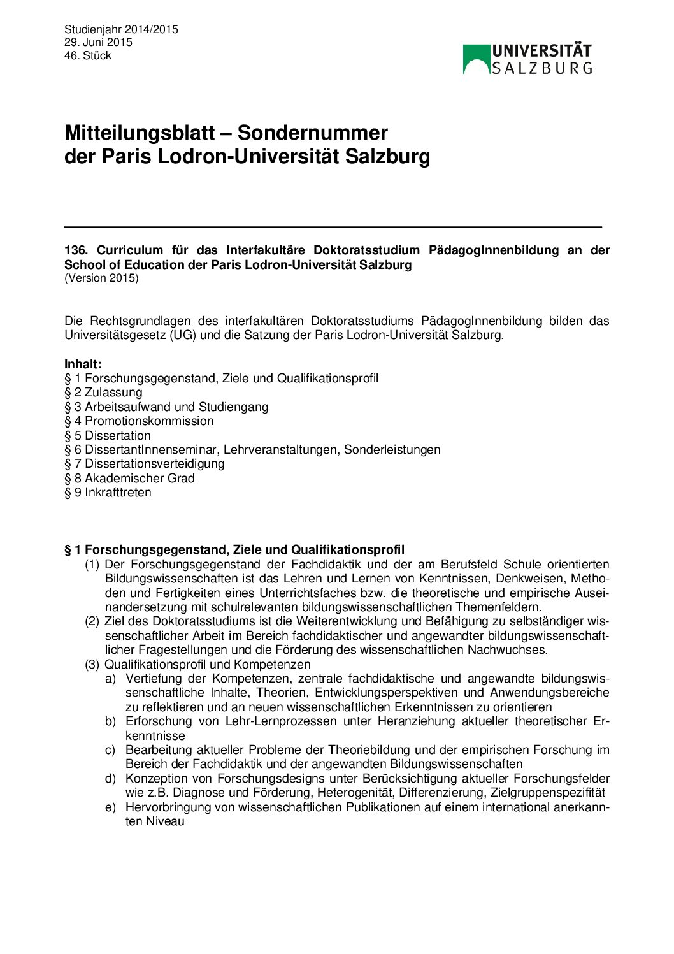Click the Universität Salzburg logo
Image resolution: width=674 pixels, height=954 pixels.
coord(527,59)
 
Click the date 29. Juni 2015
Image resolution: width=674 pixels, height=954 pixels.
coord(98,42)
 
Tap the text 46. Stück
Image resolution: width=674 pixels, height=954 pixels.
coord(88,55)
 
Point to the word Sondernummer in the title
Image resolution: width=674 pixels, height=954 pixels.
coord(312,133)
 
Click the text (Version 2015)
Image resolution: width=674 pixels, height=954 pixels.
coord(101,278)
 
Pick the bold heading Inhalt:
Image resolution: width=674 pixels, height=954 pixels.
coord(83,364)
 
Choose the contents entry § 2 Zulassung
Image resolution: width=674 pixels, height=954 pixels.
coord(103,393)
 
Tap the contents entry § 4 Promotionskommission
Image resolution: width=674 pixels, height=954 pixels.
coord(139,421)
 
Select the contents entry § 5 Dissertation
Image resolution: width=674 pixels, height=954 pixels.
coord(108,435)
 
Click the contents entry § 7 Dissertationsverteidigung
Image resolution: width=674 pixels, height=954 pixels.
coord(145,463)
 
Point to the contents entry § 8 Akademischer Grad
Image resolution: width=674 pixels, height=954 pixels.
coord(129,478)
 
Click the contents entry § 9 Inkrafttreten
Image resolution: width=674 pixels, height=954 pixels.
coord(108,492)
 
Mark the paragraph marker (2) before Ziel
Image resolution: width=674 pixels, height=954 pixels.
coord(92,621)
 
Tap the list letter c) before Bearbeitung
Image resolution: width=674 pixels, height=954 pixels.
coord(111,749)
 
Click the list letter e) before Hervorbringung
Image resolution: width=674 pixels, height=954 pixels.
coord(111,807)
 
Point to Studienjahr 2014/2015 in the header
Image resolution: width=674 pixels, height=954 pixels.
coord(121,29)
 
